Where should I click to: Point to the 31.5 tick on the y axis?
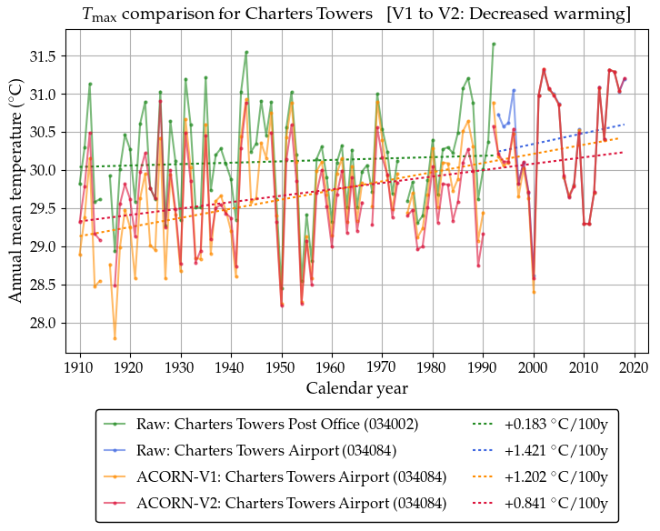point(65,56)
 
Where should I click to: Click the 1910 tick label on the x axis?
point(80,368)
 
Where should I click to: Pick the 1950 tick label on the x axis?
point(282,368)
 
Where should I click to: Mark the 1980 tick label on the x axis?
point(433,368)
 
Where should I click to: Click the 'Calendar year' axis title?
point(356,389)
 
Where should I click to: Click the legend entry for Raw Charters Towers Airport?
point(265,450)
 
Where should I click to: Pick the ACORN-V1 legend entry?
point(291,476)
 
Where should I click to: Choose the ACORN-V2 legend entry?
point(291,503)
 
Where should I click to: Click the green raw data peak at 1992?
point(494,44)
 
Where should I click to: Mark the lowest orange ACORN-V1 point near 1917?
point(115,338)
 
